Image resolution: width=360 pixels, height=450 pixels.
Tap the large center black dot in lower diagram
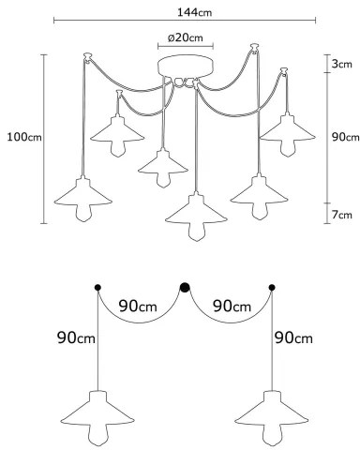[185, 287]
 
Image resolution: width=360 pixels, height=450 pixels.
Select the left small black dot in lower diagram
[97, 287]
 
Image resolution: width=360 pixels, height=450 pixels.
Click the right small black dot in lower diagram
[272, 287]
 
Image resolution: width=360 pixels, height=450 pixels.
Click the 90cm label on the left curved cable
[138, 307]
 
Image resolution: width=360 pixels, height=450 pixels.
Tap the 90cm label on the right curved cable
[230, 307]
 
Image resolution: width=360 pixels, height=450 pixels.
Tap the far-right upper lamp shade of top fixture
[284, 128]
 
